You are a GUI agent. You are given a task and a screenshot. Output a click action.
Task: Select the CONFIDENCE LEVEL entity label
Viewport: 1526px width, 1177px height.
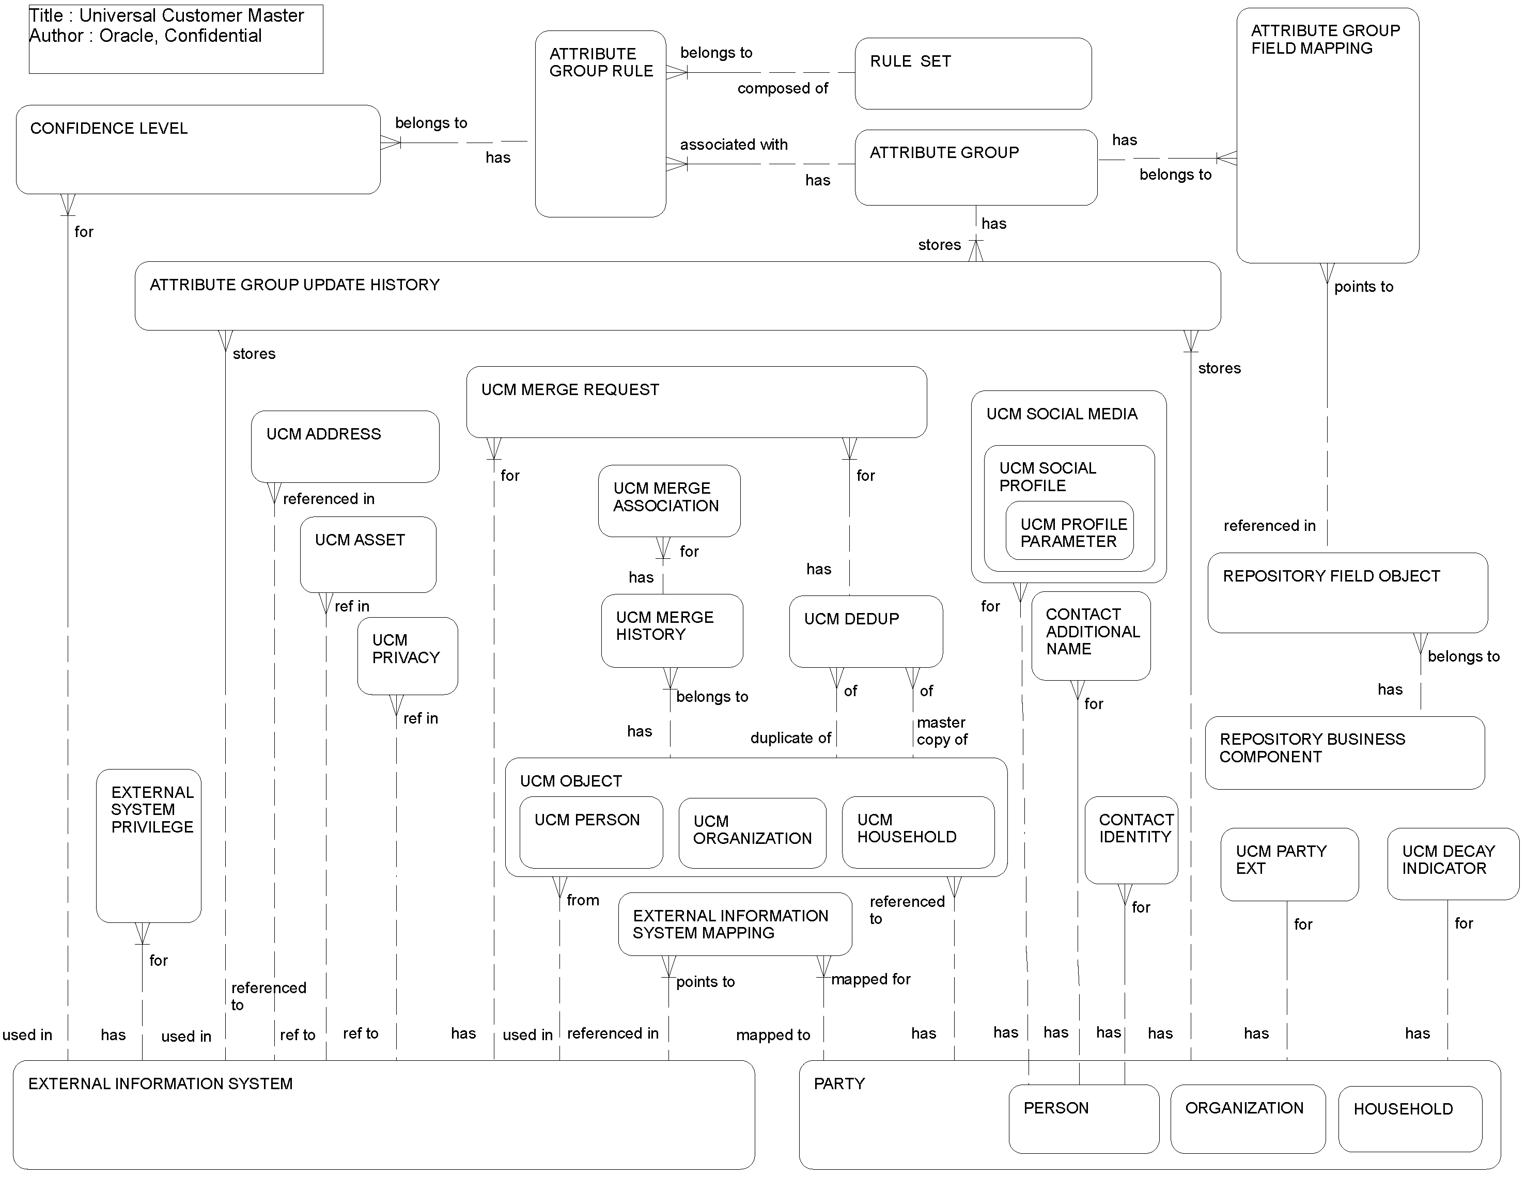[109, 129]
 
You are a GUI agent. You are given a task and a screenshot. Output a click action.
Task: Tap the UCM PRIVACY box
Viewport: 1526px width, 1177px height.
[408, 655]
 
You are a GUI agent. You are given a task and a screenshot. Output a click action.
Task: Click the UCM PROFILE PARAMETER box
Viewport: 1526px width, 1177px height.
[1069, 532]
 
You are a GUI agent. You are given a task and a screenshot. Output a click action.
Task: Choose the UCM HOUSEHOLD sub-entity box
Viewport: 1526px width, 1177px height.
[917, 833]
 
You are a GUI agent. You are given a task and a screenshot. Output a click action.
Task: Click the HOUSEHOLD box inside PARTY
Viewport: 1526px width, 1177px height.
[1409, 1118]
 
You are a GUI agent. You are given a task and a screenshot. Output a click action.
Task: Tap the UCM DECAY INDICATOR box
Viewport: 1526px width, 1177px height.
[1452, 864]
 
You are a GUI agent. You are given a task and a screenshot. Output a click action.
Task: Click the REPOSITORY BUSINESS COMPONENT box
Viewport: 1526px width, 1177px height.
[1344, 752]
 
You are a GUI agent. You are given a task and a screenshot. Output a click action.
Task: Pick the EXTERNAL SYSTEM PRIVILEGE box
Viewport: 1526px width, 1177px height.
[149, 845]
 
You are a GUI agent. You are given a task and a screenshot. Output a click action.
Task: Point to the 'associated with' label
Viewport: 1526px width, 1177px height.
[734, 145]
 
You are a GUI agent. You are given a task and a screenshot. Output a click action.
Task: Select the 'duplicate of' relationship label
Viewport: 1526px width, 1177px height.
[790, 739]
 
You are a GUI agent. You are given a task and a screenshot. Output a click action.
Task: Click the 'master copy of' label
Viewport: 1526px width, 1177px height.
[941, 731]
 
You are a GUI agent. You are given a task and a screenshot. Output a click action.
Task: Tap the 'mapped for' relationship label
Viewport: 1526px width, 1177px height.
[870, 979]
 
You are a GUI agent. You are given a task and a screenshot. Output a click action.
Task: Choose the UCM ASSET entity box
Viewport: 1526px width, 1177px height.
[367, 555]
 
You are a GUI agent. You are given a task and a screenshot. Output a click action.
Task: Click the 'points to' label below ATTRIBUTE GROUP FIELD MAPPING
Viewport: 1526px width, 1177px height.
[1363, 287]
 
